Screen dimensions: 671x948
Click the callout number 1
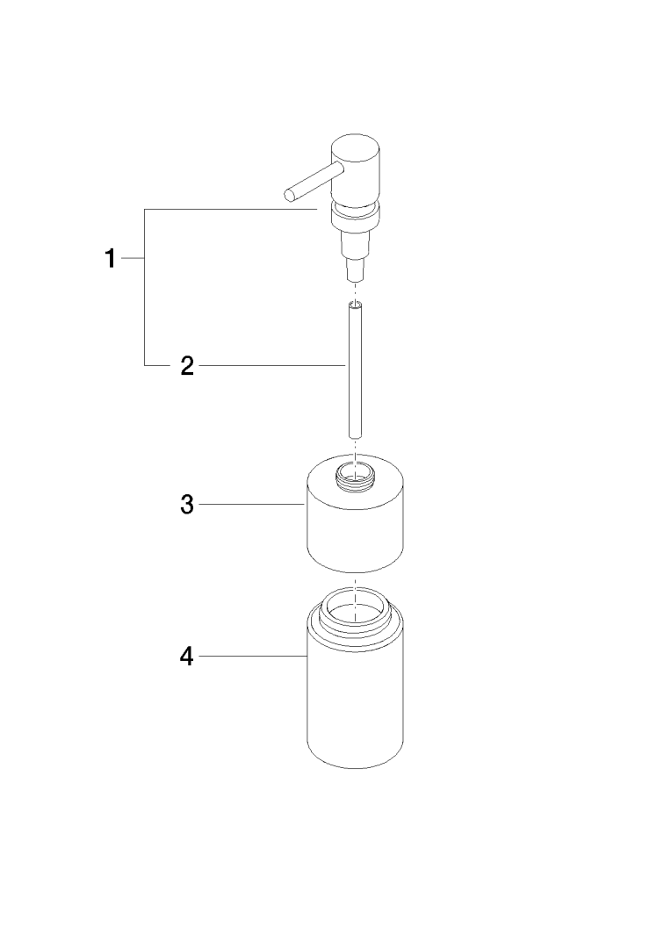click(x=110, y=258)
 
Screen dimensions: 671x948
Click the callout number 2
click(x=188, y=365)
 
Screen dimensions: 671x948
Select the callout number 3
click(x=188, y=504)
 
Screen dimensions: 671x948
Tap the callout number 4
click(x=187, y=656)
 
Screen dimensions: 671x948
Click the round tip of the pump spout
click(x=290, y=194)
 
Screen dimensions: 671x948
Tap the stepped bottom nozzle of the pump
click(x=355, y=254)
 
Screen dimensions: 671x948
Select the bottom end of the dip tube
click(x=355, y=434)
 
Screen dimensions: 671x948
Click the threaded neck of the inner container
click(x=355, y=473)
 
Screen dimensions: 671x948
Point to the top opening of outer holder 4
click(x=355, y=606)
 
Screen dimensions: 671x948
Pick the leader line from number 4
click(x=253, y=656)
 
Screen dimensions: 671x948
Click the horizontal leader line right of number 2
click(x=271, y=365)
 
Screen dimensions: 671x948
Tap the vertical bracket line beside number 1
click(x=145, y=287)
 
